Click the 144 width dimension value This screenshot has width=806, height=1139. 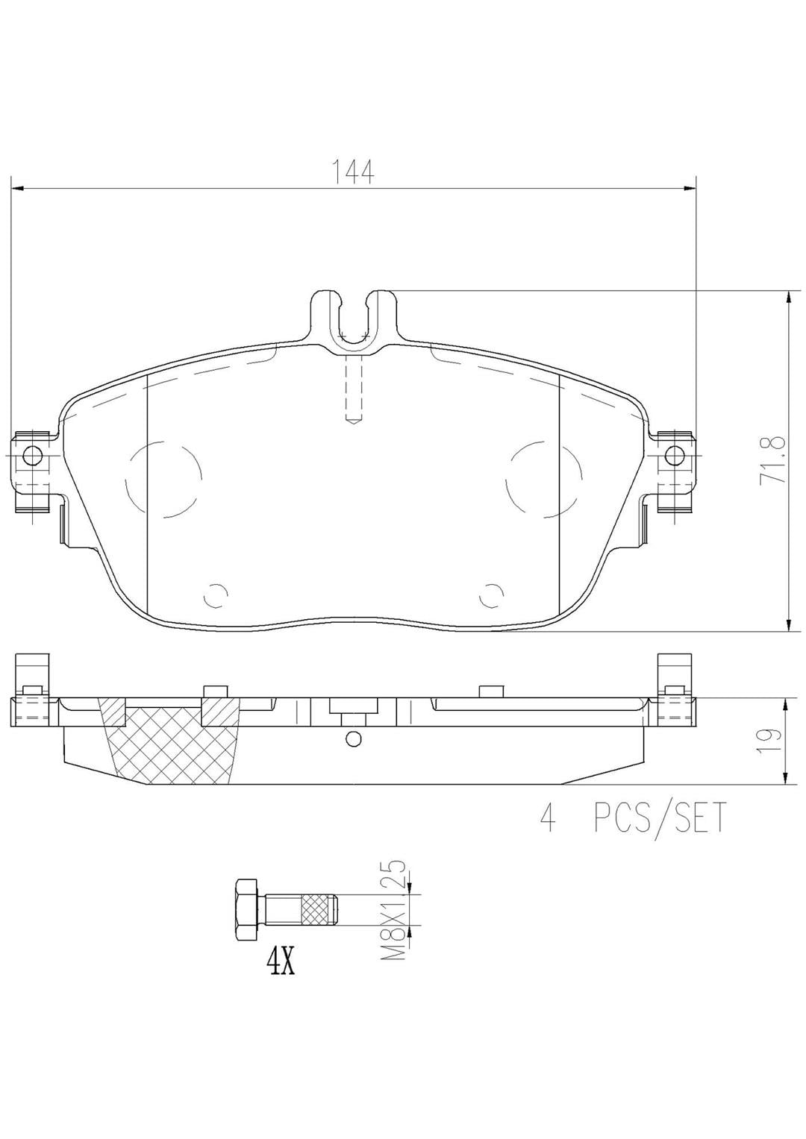tap(353, 172)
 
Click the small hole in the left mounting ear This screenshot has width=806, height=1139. tap(32, 454)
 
